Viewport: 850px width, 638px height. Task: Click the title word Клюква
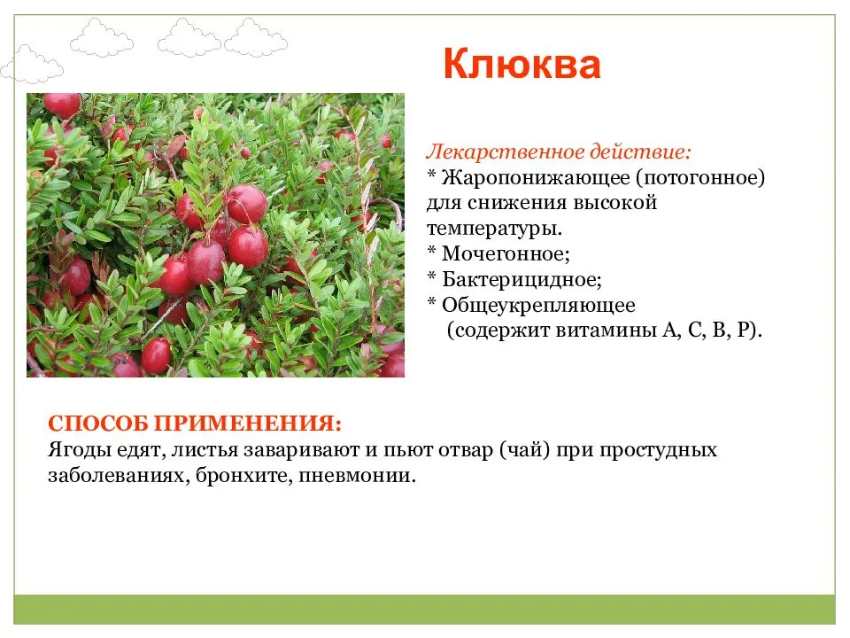click(x=522, y=65)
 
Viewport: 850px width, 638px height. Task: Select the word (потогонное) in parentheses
click(x=699, y=177)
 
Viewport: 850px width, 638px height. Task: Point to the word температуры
click(x=493, y=229)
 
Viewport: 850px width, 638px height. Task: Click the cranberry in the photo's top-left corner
click(x=61, y=105)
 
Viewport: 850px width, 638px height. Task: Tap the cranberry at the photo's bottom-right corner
click(x=392, y=364)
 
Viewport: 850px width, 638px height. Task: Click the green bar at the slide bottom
click(x=425, y=609)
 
